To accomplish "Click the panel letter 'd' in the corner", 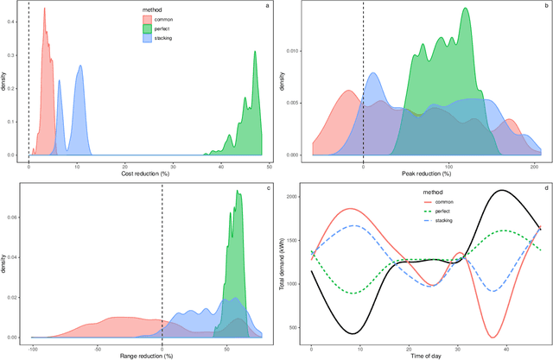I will [545, 187].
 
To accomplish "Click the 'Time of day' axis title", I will [422, 354].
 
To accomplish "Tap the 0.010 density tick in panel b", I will [292, 52].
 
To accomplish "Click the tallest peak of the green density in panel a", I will [255, 51].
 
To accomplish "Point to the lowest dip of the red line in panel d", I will [493, 337].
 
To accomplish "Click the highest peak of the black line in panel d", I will [499, 190].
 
